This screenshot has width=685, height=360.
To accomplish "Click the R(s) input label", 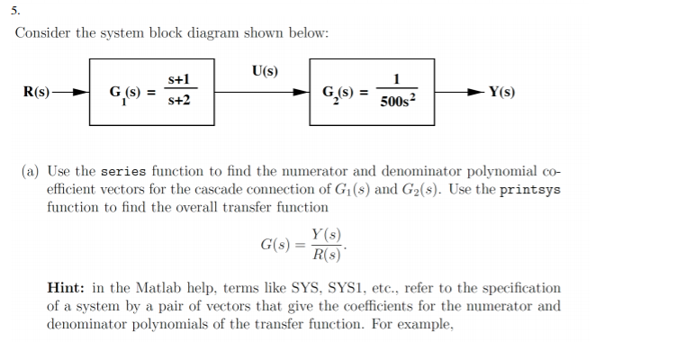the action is (36, 92).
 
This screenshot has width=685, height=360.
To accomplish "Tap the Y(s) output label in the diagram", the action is (501, 92).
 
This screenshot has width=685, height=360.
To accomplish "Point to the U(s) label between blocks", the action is (265, 71).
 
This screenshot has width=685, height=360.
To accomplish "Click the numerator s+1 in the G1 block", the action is (179, 79).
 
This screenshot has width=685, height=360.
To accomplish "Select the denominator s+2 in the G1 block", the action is (179, 101).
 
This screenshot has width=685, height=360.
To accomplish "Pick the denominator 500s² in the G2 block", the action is (397, 101).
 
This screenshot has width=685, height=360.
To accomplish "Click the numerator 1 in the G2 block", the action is (397, 79).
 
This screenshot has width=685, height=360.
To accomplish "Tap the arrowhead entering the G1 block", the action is (81, 92).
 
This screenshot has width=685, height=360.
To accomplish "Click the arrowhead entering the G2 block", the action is (302, 92).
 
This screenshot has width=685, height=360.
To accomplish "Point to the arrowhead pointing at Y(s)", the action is (476, 92).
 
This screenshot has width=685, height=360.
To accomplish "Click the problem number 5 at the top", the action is (15, 11).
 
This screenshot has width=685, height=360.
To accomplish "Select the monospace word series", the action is (123, 171).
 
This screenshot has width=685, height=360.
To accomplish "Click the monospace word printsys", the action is (530, 190).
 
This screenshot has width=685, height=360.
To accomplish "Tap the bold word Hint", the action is (66, 288).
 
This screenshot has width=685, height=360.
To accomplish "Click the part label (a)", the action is (30, 171).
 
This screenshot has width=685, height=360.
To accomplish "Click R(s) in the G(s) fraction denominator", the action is (327, 255).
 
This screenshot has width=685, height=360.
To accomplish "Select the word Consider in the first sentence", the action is (42, 33).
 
